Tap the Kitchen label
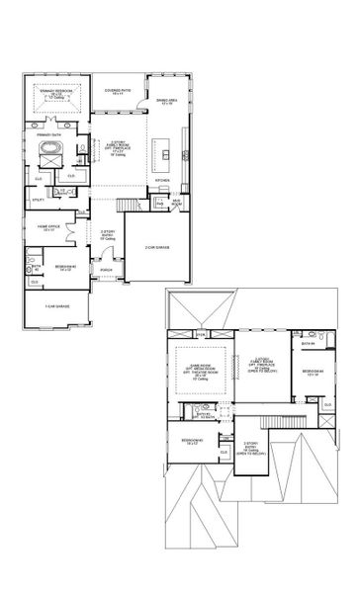click(163, 181)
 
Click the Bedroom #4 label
click(310, 373)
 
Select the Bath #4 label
click(309, 344)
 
